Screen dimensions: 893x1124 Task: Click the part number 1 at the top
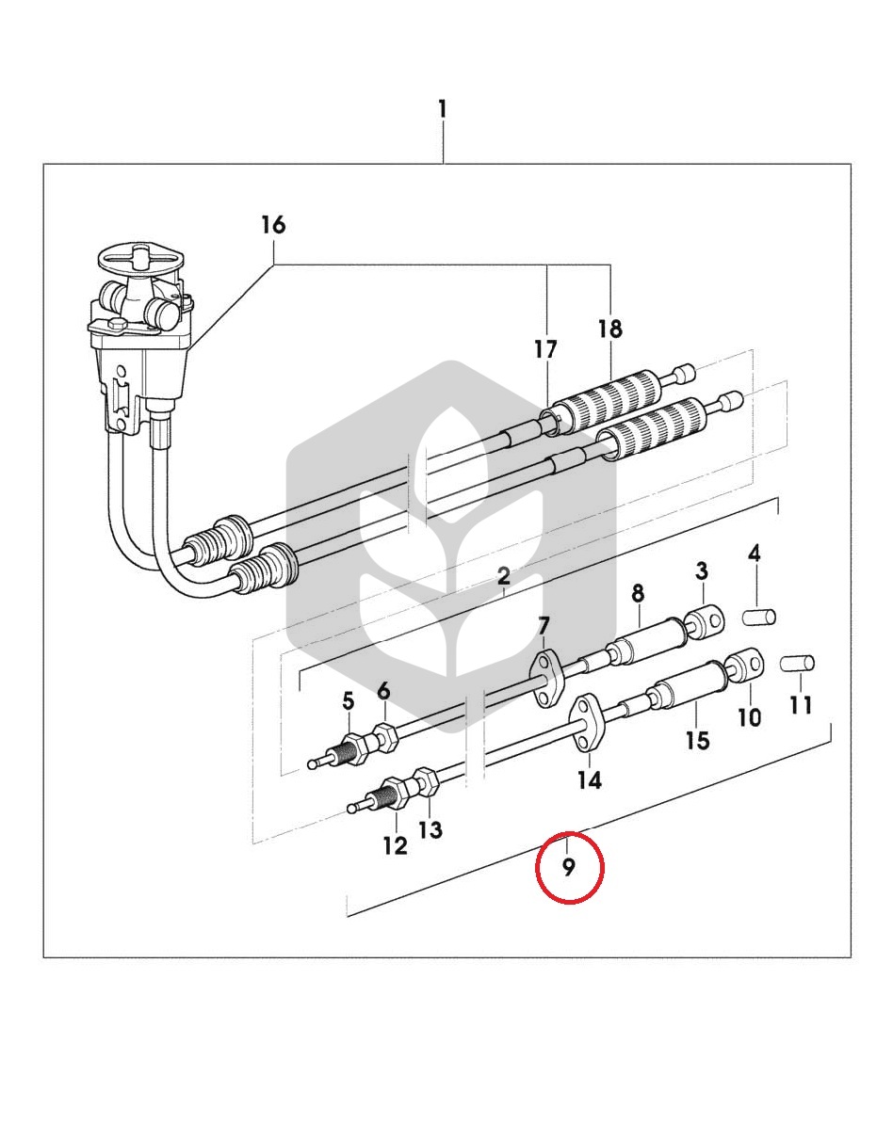click(x=443, y=110)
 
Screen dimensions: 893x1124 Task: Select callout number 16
click(x=273, y=225)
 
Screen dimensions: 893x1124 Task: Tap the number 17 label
click(x=545, y=350)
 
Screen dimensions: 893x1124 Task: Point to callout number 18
click(x=610, y=329)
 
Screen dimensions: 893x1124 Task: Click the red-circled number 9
click(x=569, y=867)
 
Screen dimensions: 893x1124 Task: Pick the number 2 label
click(x=504, y=575)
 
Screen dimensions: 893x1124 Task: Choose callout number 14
click(x=590, y=779)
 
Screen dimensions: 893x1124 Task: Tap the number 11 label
click(x=802, y=705)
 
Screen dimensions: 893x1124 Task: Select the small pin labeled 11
click(x=797, y=662)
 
